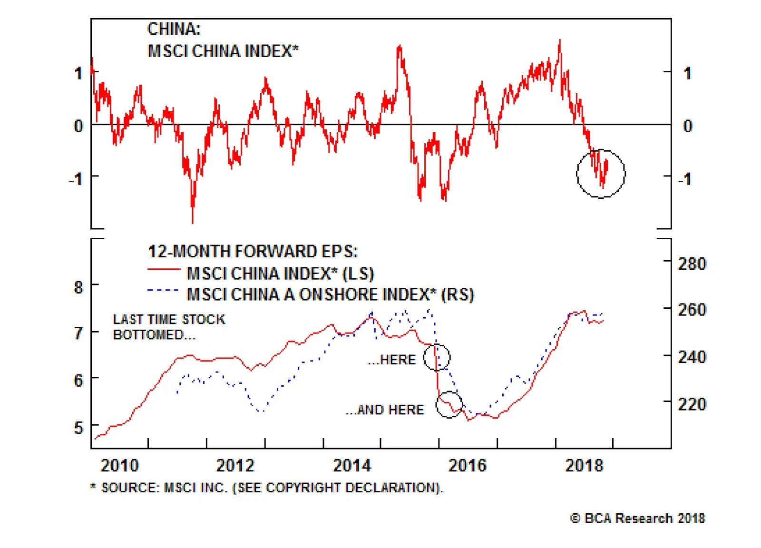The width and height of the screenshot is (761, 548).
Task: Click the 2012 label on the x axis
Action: pos(235,465)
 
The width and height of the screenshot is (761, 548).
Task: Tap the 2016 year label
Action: pos(468,465)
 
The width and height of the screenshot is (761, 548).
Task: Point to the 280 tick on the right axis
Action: pos(692,264)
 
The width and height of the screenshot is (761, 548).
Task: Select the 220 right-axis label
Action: pos(692,404)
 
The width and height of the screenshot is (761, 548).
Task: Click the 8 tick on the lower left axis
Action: pos(78,287)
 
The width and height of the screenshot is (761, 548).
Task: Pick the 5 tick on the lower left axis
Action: pos(78,428)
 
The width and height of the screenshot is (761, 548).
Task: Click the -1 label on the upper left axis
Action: pos(76,179)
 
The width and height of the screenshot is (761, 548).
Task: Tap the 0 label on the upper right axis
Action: pos(687,126)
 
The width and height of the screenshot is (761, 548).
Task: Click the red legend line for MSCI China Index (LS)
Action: pos(164,270)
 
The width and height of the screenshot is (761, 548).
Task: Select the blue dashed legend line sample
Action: pos(164,290)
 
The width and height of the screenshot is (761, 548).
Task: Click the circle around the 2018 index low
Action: pos(601,174)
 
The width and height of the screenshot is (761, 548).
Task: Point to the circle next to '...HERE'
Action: pos(437,357)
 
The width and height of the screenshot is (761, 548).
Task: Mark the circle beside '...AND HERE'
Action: pos(449,405)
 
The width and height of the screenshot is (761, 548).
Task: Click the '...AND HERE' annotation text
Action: pos(385,410)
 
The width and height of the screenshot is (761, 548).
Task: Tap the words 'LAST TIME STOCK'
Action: pos(169,319)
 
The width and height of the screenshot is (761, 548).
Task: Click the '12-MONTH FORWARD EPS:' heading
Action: pos(253,251)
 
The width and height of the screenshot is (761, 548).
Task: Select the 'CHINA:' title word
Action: pos(174,29)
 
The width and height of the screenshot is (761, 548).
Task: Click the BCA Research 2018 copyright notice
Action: pos(637,518)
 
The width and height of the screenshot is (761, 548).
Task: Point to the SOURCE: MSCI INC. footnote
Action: pos(267,488)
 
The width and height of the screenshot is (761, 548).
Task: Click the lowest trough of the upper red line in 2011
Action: pos(193,222)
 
